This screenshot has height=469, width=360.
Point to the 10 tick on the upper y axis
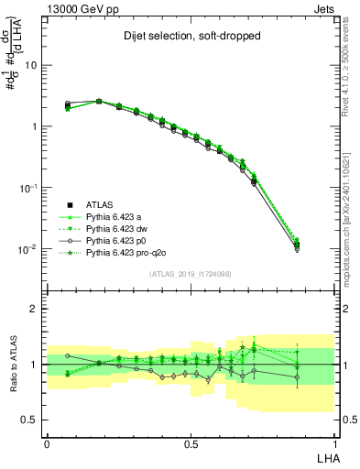(31, 65)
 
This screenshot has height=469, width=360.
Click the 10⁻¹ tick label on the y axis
(29, 188)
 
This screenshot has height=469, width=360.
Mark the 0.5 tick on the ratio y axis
(31, 420)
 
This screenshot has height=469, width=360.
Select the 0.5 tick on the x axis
(191, 442)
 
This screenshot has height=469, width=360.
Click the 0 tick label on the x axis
(47, 442)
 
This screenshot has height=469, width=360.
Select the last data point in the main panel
(322, 245)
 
